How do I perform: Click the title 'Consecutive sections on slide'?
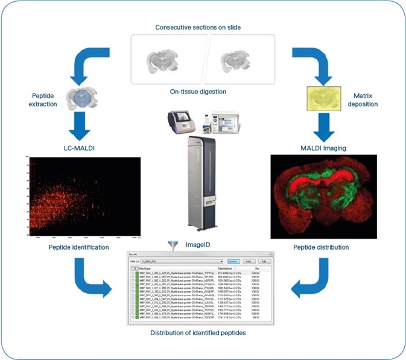202,28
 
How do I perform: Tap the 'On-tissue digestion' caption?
202,92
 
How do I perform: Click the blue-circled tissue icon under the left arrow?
80,98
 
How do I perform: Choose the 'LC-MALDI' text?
80,148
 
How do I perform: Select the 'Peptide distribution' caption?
323,248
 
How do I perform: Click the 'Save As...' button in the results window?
236,261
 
